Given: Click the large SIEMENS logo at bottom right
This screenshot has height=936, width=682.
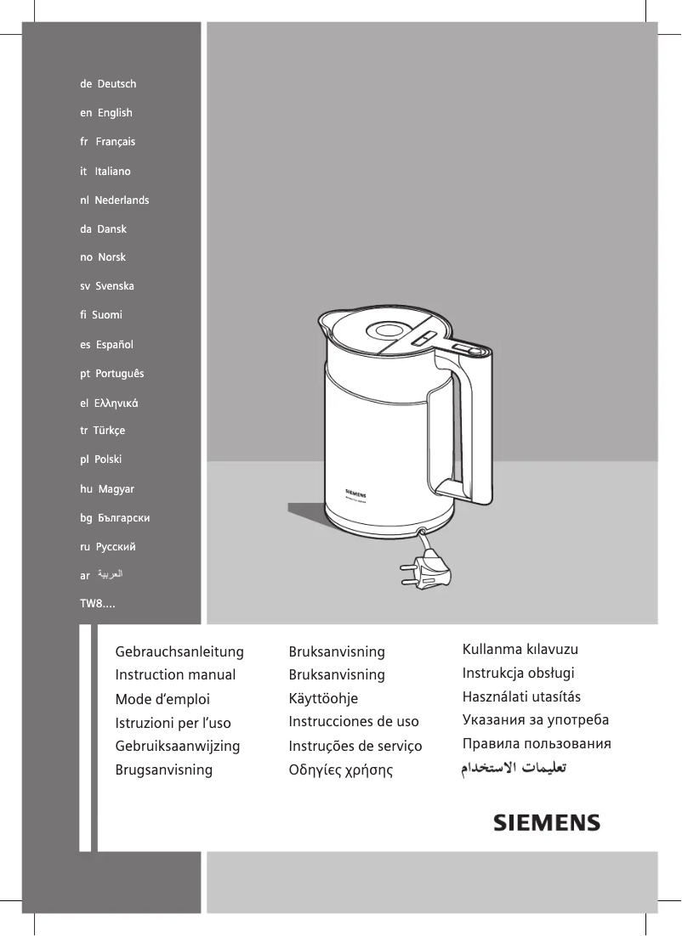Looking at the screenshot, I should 548,823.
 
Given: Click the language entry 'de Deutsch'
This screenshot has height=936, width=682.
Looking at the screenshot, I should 108,84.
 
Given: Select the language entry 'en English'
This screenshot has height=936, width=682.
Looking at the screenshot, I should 106,113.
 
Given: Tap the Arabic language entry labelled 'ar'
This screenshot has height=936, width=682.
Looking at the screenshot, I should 102,575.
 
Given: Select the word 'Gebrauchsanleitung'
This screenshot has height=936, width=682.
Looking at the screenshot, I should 179,652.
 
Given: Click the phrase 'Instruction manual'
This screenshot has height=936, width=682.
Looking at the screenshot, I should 175,675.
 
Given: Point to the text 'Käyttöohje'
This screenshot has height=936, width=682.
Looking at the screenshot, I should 323,698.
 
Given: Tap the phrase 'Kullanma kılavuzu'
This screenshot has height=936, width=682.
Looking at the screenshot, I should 520,651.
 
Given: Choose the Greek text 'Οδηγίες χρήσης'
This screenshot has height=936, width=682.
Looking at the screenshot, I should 341,771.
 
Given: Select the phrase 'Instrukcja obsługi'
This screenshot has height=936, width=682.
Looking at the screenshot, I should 519,674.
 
